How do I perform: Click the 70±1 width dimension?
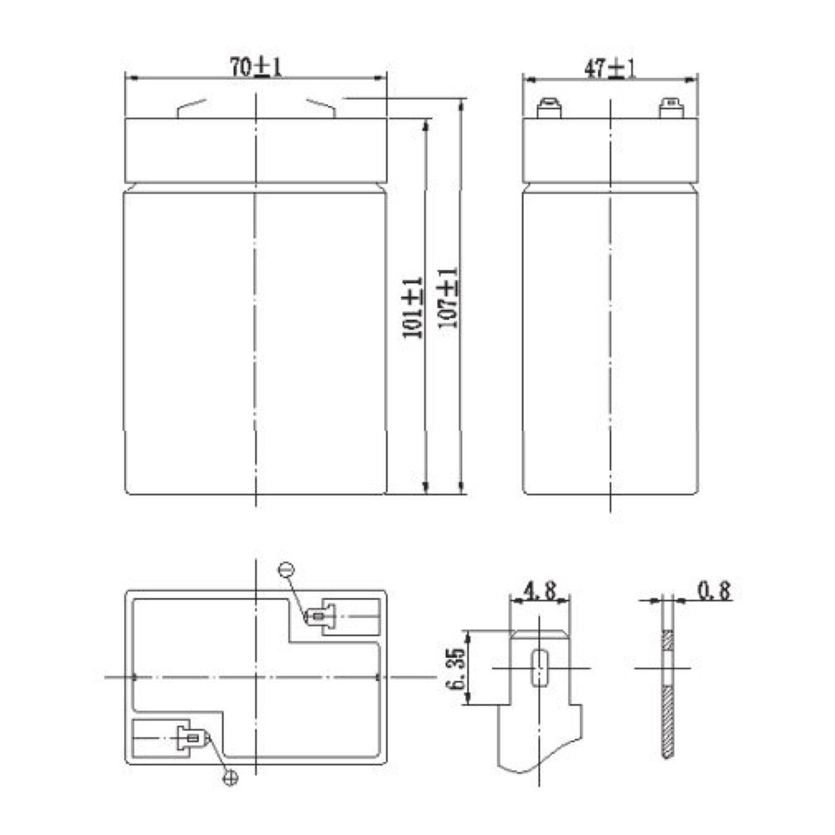(x=255, y=67)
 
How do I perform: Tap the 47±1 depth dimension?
(x=610, y=69)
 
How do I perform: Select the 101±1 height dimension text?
(x=413, y=307)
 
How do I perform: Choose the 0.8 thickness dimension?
(x=714, y=591)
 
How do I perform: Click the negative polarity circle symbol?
(x=286, y=570)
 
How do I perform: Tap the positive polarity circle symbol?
(x=230, y=778)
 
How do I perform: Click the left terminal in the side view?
(x=549, y=109)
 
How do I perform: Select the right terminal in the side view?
(x=670, y=109)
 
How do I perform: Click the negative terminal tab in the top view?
(x=320, y=616)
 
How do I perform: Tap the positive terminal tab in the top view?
(x=192, y=737)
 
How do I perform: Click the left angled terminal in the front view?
(x=191, y=109)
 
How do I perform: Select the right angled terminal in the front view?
(x=321, y=109)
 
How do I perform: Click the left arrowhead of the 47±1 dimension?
(x=529, y=80)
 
